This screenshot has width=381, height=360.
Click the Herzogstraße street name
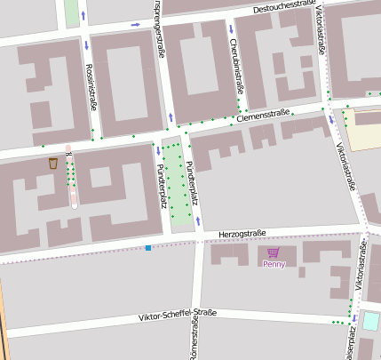(242, 234)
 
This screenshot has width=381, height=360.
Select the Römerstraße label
(192, 342)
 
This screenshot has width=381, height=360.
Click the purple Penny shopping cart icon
(273, 252)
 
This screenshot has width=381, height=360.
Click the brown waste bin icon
(53, 163)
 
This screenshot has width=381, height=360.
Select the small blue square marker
(148, 247)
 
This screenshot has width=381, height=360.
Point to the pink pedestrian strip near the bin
(71, 178)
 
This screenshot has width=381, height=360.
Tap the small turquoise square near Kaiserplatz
(369, 321)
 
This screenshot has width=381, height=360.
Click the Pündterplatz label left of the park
(162, 186)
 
